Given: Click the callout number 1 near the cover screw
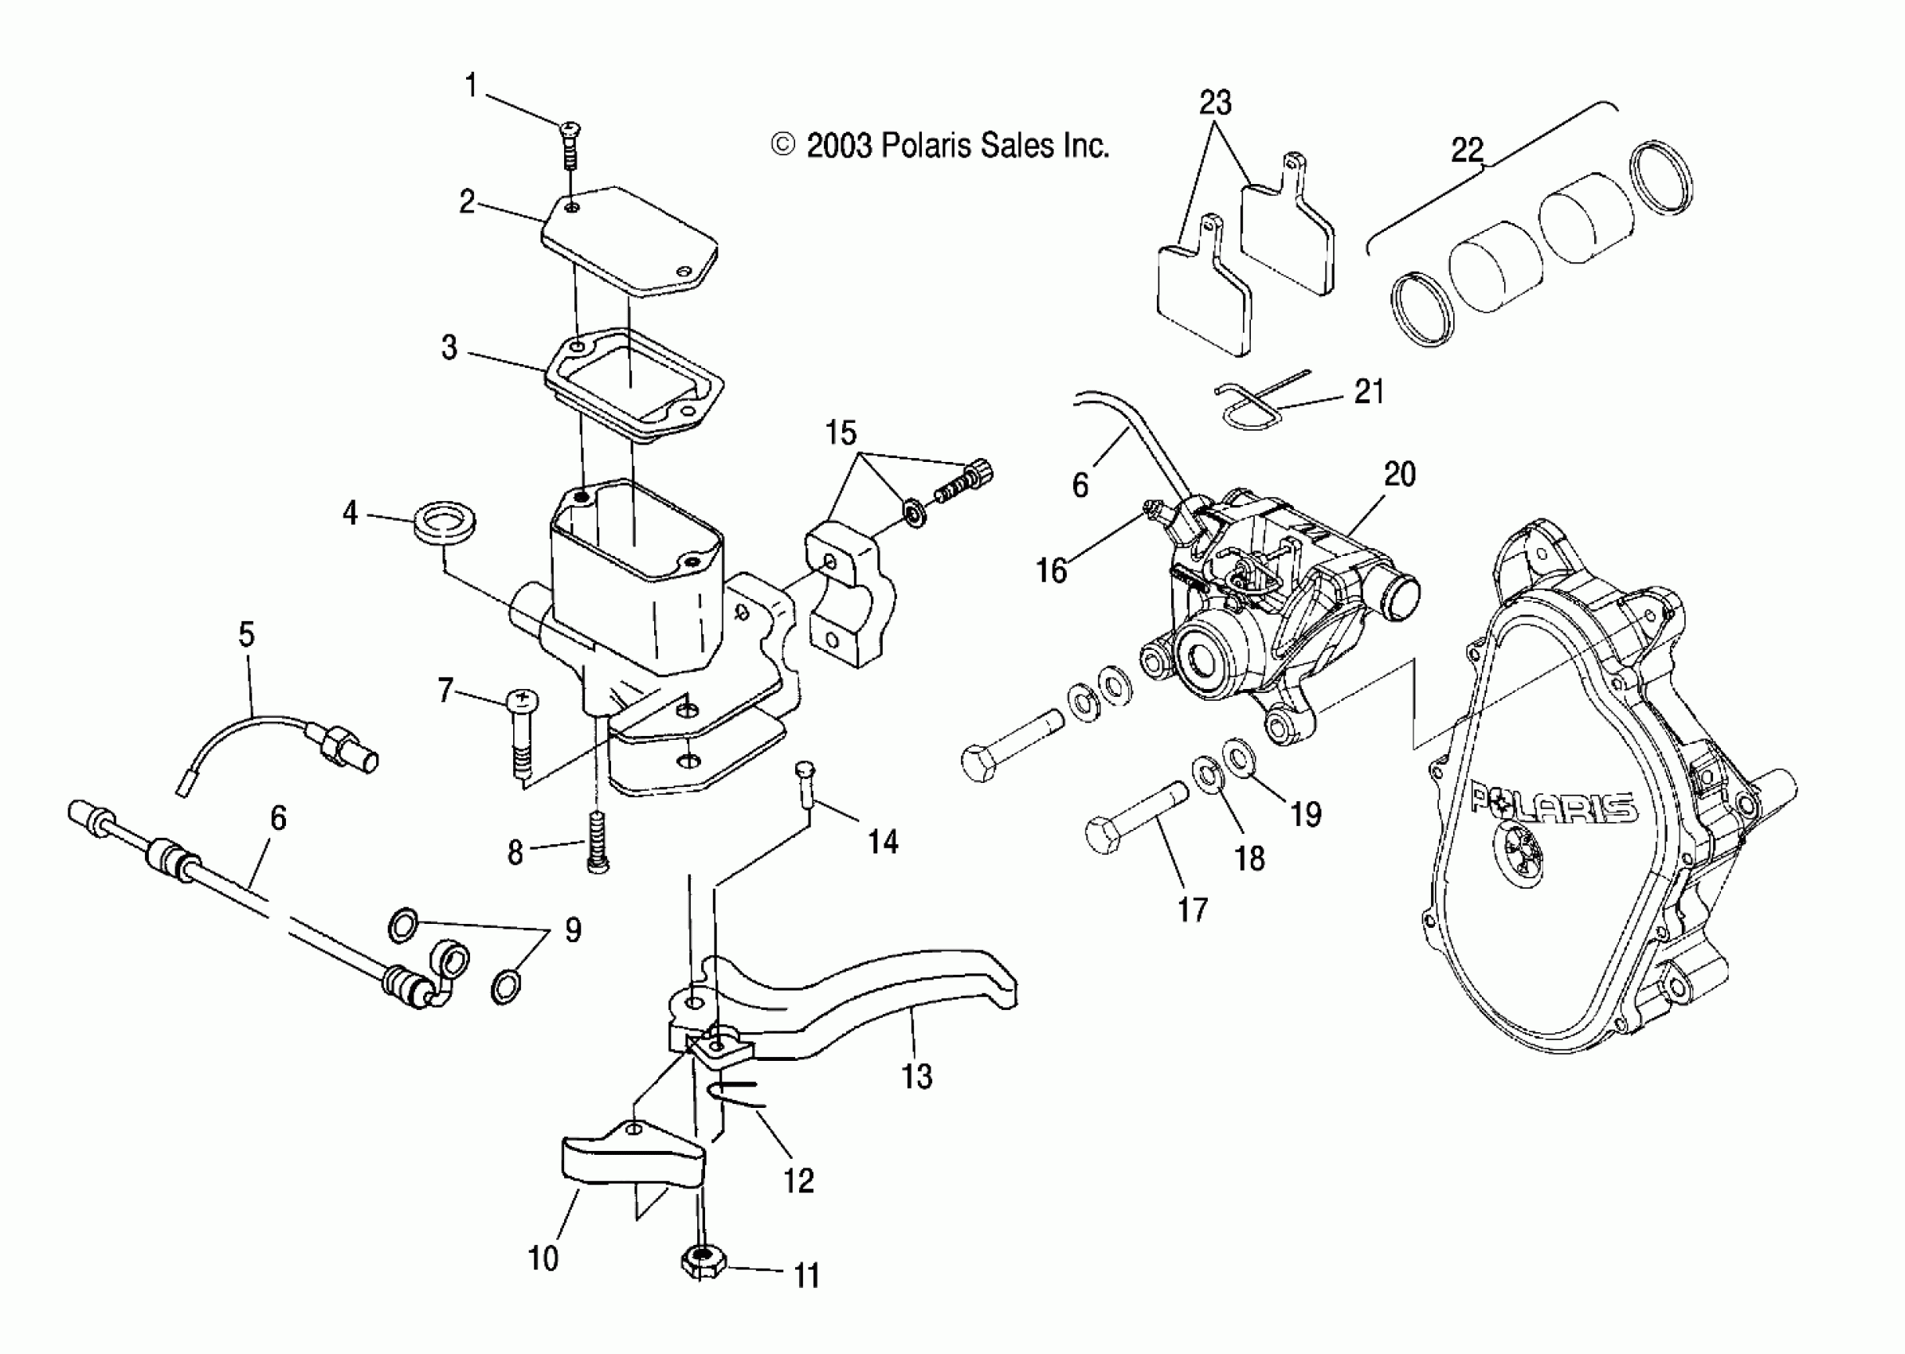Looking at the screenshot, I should coord(471,85).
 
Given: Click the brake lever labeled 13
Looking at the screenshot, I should coord(876,1000).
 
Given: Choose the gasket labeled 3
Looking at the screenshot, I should coord(634,384).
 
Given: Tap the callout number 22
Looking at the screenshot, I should coord(1467,150).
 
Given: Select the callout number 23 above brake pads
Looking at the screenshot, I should coord(1214,104).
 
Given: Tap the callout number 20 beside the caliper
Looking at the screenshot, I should coord(1400,475).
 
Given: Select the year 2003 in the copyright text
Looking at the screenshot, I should coord(839,147).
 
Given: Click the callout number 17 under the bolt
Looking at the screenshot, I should coord(1193,910).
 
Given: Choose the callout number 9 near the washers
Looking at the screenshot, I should coord(572,929).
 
